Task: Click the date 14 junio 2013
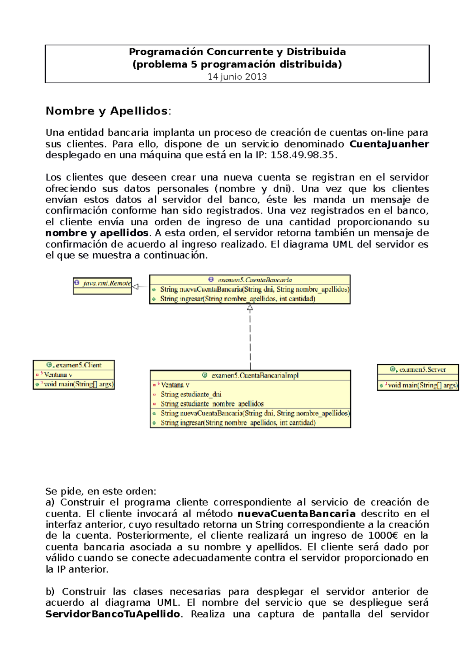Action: tap(237, 77)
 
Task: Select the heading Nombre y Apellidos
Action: tap(107, 111)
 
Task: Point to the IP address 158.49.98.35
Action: tap(303, 155)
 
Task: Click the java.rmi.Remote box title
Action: tap(106, 283)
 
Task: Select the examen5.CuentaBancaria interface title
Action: tap(254, 280)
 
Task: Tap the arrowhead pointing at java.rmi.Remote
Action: tap(135, 287)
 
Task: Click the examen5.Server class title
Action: tap(422, 369)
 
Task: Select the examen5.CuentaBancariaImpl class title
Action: tap(255, 375)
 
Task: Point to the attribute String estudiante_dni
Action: tap(191, 394)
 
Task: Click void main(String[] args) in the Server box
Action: tap(422, 385)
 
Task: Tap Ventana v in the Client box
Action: tap(58, 374)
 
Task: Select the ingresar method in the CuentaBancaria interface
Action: tap(237, 299)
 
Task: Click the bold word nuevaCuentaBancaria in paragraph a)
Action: tap(296, 514)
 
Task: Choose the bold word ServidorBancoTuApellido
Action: tap(113, 614)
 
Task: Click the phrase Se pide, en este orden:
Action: tap(101, 491)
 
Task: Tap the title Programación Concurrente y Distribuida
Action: tap(237, 52)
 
